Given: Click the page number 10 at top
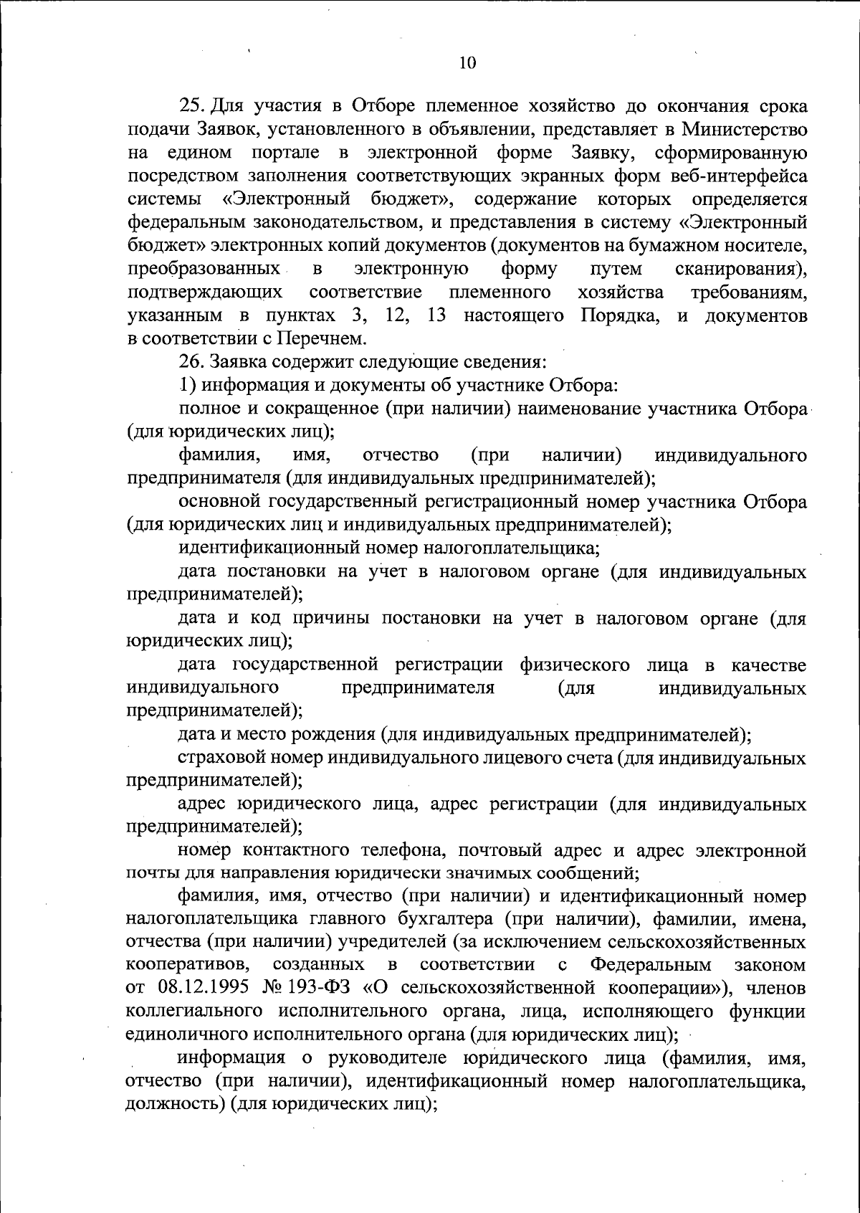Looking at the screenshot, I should coord(467,62).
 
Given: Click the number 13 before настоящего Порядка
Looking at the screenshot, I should coord(436,315).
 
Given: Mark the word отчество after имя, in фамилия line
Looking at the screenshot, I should coord(401,455).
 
